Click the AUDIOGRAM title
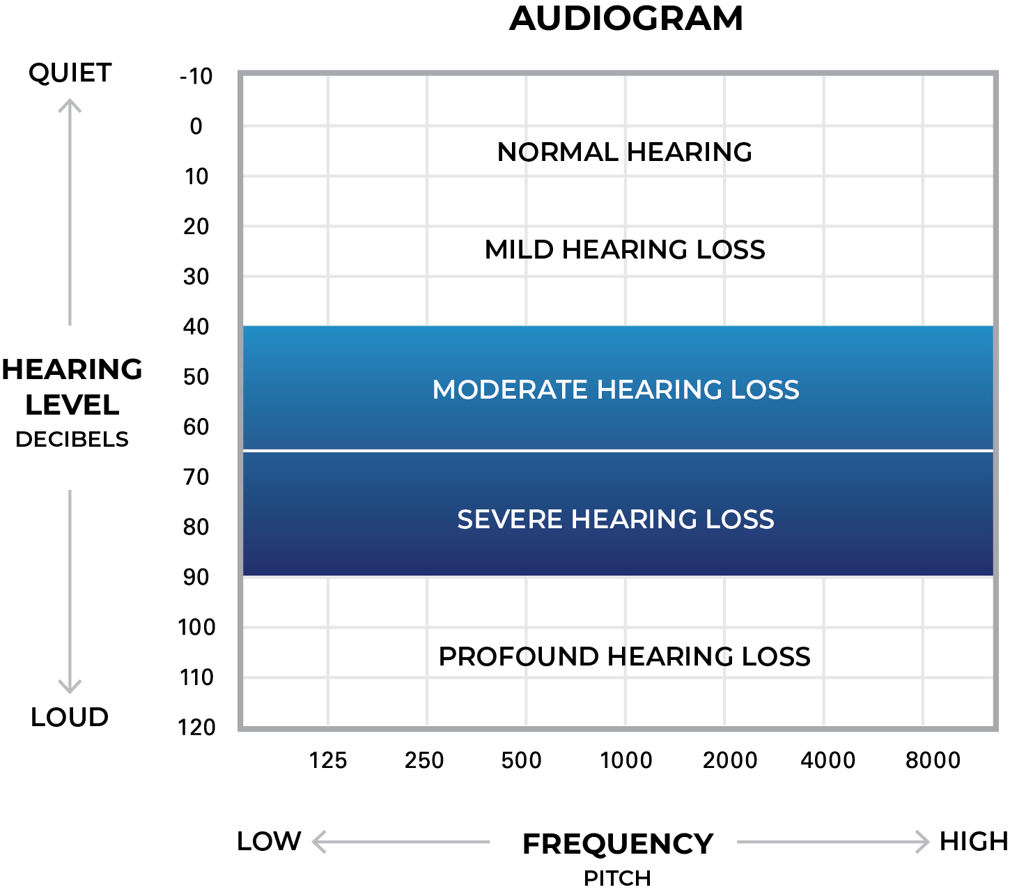coord(626,19)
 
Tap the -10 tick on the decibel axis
coord(196,76)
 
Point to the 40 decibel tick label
coord(196,326)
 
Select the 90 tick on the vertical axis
coord(196,577)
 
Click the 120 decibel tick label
coord(196,728)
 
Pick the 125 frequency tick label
coord(328,760)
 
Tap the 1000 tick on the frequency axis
coord(626,760)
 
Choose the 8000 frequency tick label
coord(933,760)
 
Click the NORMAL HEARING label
coord(625,152)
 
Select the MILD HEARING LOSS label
coord(625,249)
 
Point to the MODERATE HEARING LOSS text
coord(616,390)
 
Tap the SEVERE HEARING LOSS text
coord(616,519)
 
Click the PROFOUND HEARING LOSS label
coord(625,656)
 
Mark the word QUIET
coord(70,73)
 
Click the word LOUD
coord(70,717)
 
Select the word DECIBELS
coord(72,439)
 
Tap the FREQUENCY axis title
coord(618,844)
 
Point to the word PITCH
coord(618,878)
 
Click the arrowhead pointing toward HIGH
coord(922,842)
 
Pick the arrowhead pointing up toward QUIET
coord(70,105)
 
